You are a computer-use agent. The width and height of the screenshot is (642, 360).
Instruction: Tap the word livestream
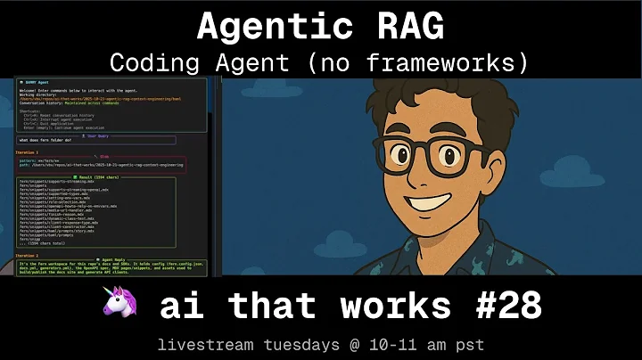tap(199, 344)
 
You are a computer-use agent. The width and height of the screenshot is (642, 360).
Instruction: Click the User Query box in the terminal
tap(96, 139)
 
